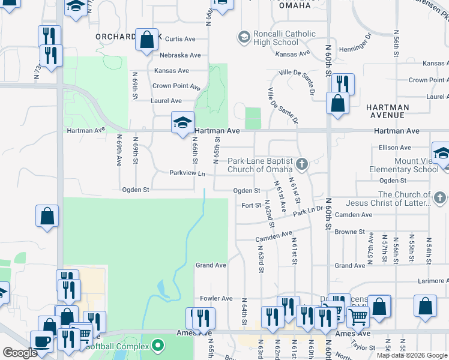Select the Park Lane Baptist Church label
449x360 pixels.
coord(260,165)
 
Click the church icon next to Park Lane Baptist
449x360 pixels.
coord(304,163)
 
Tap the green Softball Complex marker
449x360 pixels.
coord(157,345)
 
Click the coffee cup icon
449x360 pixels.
coord(42,340)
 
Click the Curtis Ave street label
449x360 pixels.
coord(181,38)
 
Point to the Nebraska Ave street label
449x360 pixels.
coord(180,55)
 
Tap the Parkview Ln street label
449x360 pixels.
coord(187,173)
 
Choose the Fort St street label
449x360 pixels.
coord(250,205)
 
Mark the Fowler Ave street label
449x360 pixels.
coord(216,298)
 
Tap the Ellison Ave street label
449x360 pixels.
coord(394,148)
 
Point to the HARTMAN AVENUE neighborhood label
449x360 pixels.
coord(387,111)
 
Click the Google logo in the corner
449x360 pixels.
coord(20,353)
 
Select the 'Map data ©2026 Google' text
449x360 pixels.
coord(412,355)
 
